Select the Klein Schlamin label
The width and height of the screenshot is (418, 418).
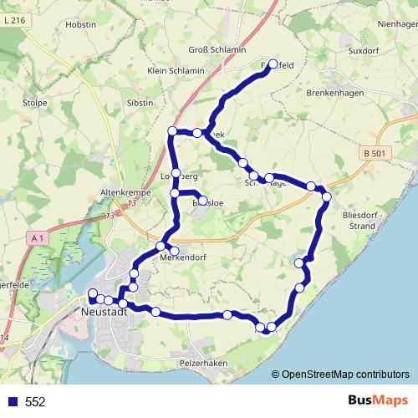(x=175, y=72)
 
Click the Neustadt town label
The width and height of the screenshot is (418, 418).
(x=105, y=311)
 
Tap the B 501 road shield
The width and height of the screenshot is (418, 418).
(x=379, y=153)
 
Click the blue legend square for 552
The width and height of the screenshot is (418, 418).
(x=12, y=402)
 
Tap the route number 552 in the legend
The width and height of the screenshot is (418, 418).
(x=35, y=402)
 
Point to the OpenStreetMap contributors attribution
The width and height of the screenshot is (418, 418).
(x=345, y=375)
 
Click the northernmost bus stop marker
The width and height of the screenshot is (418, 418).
(x=273, y=64)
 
